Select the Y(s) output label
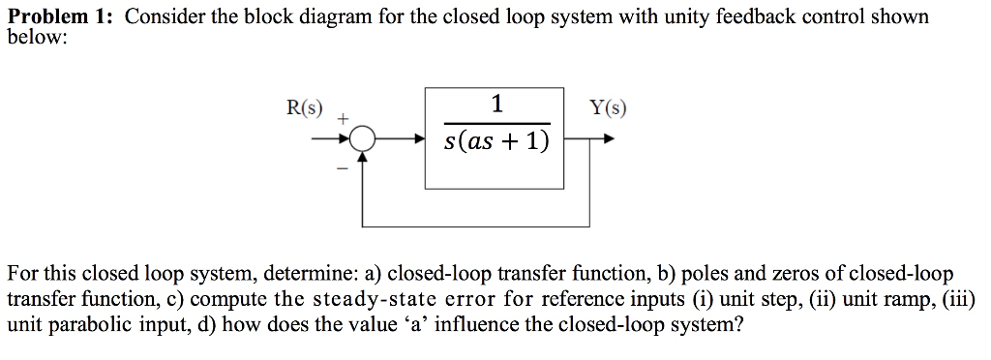pyautogui.click(x=607, y=106)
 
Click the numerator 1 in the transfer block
pyautogui.click(x=496, y=104)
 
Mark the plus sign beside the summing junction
pyautogui.click(x=342, y=118)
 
